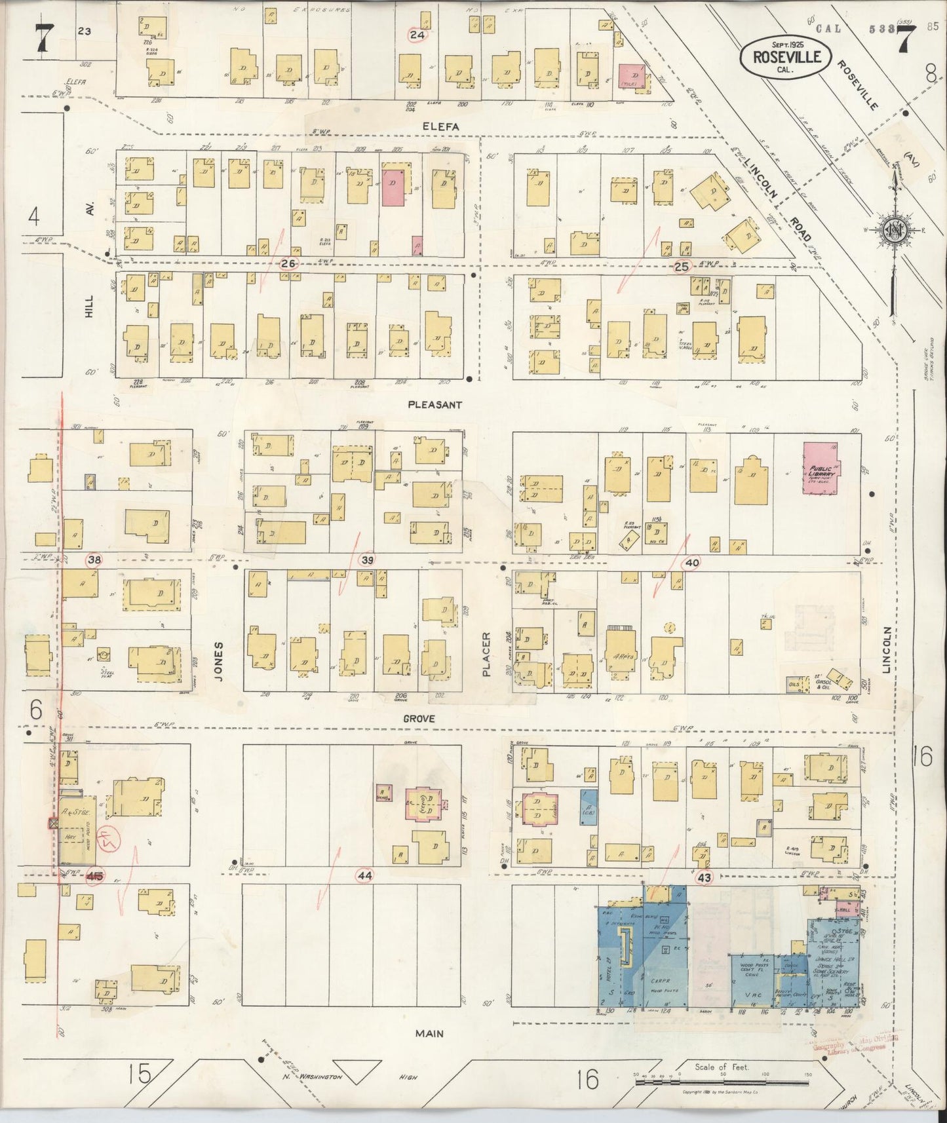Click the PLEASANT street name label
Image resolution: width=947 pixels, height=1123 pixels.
pyautogui.click(x=435, y=405)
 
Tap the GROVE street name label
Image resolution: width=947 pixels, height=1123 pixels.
pyautogui.click(x=419, y=719)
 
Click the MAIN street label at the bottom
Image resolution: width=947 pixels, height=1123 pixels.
pyautogui.click(x=429, y=1034)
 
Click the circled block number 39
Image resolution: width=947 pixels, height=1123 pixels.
pyautogui.click(x=368, y=560)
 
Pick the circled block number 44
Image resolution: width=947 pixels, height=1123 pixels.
pyautogui.click(x=364, y=875)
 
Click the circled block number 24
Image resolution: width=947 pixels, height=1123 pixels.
pyautogui.click(x=417, y=35)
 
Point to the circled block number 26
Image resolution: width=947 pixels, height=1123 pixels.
pyautogui.click(x=288, y=263)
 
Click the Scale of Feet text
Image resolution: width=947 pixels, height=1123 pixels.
pyautogui.click(x=722, y=1067)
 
